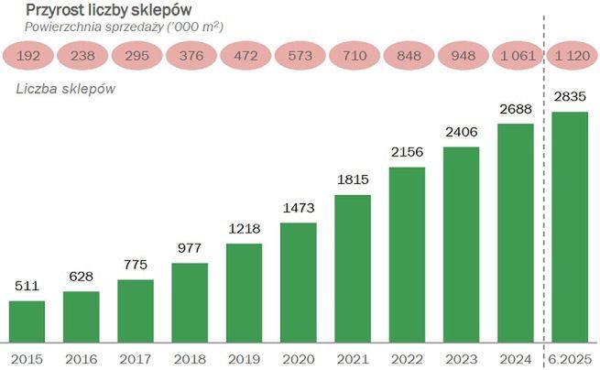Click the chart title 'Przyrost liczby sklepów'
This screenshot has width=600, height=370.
(x=114, y=10)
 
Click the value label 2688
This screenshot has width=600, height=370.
(x=516, y=110)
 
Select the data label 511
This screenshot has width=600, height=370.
(x=27, y=287)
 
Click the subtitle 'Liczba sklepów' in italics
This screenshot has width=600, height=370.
(x=60, y=89)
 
